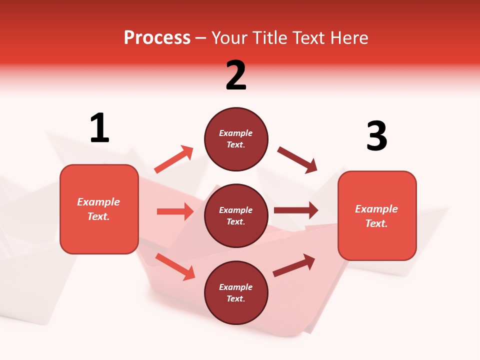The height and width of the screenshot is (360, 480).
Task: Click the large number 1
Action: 99,128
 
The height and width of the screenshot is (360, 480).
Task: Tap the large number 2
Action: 236,75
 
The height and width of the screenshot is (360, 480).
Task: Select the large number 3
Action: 376,136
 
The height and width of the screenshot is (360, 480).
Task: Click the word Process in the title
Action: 157,38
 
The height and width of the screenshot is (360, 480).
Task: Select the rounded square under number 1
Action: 99,209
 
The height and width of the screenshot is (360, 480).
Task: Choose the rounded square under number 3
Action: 377,215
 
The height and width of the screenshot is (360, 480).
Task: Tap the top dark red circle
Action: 236,139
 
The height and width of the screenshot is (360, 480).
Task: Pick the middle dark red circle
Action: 236,215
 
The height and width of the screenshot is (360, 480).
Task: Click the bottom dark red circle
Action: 236,292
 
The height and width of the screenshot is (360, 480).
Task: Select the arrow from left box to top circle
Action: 174,159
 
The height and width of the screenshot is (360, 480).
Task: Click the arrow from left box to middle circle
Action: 175,211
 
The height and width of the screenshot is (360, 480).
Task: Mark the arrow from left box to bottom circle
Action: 175,266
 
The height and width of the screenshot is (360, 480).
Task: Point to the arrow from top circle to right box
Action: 297,160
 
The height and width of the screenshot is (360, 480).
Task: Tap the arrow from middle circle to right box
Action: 295,210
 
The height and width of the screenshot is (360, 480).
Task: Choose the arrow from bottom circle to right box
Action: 294,265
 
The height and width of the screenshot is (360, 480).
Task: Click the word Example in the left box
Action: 98,202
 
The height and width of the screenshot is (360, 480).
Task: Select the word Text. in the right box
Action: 376,223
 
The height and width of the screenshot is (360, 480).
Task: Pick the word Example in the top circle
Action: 236,133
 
